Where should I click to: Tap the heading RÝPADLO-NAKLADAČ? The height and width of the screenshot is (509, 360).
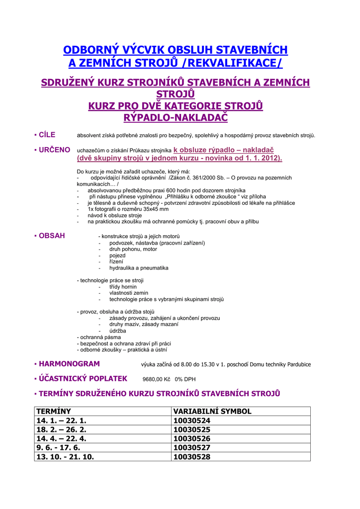tap(175, 117)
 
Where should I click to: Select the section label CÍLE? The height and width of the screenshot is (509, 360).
tap(47, 135)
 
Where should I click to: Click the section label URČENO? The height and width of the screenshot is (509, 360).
tap(54, 150)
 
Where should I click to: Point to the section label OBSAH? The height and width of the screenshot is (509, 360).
tap(52, 236)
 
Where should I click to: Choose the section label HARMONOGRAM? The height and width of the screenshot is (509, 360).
tap(69, 364)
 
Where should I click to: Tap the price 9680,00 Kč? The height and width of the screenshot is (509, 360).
tap(157, 379)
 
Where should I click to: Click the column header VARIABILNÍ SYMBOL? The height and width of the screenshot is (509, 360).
tap(212, 411)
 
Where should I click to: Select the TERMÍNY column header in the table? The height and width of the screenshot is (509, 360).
tap(54, 411)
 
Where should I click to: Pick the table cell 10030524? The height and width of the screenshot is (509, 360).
tap(191, 421)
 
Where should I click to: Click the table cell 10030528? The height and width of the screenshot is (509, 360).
tap(191, 456)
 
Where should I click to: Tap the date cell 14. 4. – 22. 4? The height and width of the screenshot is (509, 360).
tap(61, 438)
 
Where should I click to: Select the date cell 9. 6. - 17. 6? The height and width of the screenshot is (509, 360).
tap(58, 447)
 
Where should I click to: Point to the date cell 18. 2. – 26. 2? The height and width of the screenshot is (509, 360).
tap(61, 429)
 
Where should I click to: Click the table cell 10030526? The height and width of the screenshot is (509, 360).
tap(191, 438)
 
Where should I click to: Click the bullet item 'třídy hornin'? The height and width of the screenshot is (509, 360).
tap(123, 287)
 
